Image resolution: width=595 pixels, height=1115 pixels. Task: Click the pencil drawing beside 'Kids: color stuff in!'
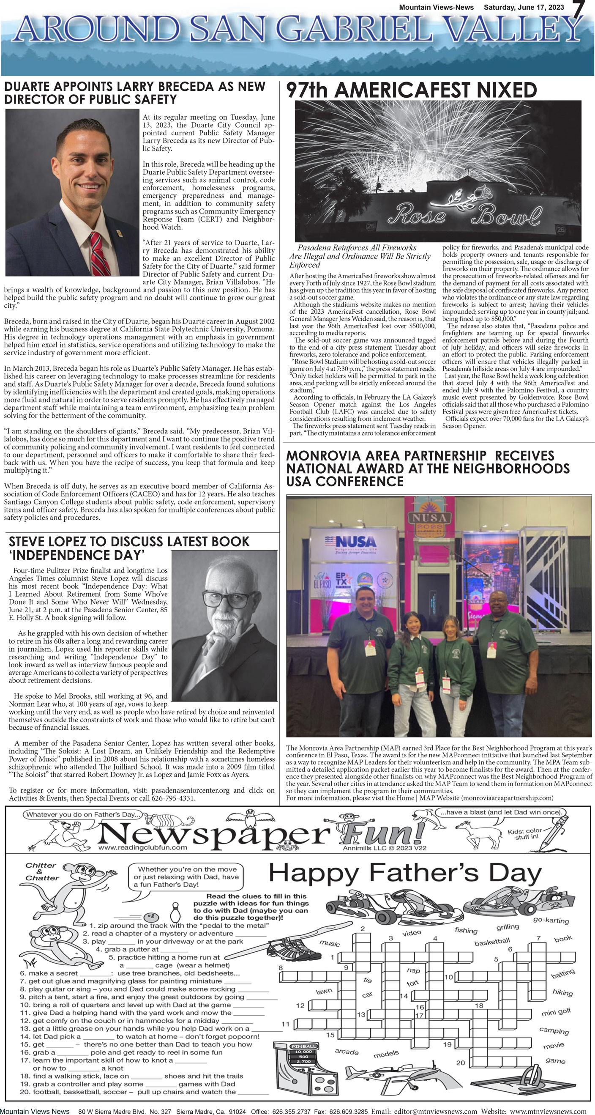pyautogui.click(x=556, y=831)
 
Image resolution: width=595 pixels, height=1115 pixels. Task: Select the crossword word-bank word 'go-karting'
pyautogui.click(x=551, y=920)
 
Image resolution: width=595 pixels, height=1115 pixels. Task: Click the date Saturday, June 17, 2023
pyautogui.click(x=524, y=7)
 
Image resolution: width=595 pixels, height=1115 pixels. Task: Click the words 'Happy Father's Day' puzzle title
pyautogui.click(x=405, y=874)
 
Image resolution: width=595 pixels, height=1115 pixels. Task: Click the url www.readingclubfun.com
pyautogui.click(x=142, y=847)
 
